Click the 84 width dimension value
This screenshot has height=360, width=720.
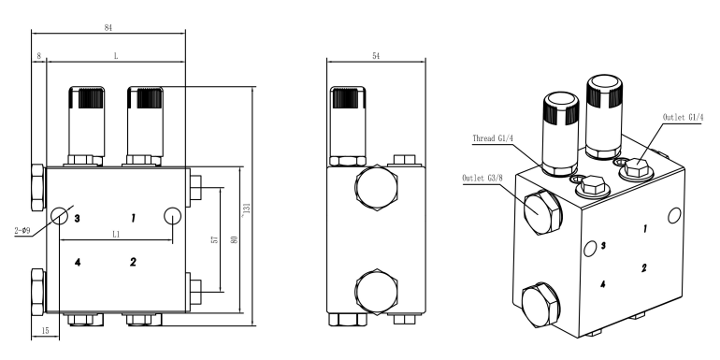[109, 27]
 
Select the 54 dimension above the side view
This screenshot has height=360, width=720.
[375, 56]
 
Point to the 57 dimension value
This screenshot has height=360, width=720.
[214, 240]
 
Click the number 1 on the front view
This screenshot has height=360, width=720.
[133, 217]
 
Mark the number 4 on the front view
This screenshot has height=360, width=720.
[79, 262]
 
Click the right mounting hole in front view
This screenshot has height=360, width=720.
[172, 215]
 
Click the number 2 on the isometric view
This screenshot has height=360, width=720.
[644, 267]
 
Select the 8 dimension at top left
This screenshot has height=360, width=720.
[39, 56]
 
